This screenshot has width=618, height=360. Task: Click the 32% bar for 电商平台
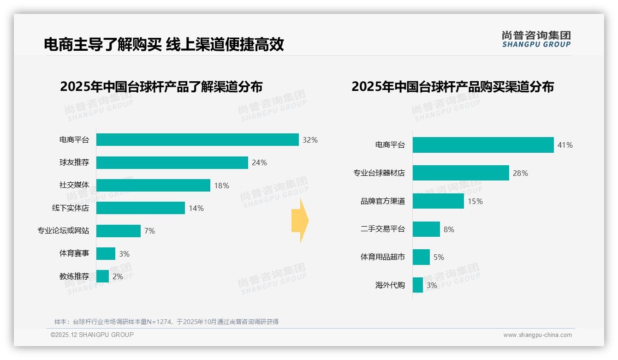pos(197,140)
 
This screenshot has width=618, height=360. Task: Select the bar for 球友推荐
pos(172,162)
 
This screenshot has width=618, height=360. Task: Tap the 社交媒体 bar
pos(153,186)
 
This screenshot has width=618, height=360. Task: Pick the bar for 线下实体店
pos(141,208)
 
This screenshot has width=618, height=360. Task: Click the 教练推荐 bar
pos(103,276)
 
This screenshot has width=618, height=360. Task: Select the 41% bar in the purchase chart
pos(483,145)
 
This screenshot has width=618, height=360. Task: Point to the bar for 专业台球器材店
pos(461,173)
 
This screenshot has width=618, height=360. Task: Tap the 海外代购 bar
pos(418,285)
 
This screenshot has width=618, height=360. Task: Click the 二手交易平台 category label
pos(382,229)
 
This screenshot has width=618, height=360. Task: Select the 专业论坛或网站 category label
pos(63,231)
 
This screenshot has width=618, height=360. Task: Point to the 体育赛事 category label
pos(74,253)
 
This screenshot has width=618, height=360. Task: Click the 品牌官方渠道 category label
pos(382,201)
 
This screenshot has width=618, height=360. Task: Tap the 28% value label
pos(520,174)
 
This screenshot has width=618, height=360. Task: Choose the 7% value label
pos(149,231)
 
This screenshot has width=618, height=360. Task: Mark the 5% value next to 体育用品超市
pos(439,258)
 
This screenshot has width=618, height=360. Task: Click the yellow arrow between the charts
pos(300,221)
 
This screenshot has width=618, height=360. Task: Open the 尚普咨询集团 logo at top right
pos(536,39)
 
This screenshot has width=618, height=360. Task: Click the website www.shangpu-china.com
pos(537,335)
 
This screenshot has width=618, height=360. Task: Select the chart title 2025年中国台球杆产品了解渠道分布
pos(161,87)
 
